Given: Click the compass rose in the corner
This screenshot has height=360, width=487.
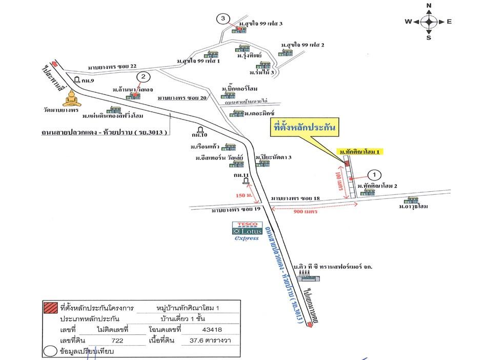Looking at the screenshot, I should click(429, 22).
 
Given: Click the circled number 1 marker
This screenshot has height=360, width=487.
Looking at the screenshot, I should click(374, 175).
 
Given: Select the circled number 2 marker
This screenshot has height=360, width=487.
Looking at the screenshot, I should click(144, 77).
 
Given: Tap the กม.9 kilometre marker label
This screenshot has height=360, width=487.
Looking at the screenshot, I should click(88, 81).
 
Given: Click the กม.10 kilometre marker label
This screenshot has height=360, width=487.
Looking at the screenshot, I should click(199, 136).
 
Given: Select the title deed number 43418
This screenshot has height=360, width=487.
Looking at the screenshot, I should click(212, 330).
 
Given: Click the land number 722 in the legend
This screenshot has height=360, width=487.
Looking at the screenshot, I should click(118, 341).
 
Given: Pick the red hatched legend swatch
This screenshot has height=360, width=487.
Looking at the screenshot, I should click(51, 308).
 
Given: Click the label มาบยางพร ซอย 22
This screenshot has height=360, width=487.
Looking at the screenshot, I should click(112, 67).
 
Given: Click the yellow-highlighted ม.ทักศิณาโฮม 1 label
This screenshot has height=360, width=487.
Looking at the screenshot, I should click(361, 152).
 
